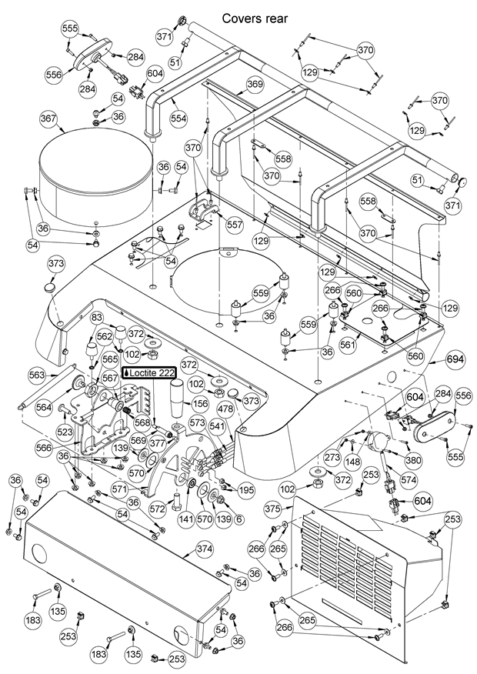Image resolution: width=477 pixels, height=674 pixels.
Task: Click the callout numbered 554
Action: (x=178, y=119)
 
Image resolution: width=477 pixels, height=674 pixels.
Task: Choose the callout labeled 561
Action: (x=349, y=345)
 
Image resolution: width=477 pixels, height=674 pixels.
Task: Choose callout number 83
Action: (x=97, y=318)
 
